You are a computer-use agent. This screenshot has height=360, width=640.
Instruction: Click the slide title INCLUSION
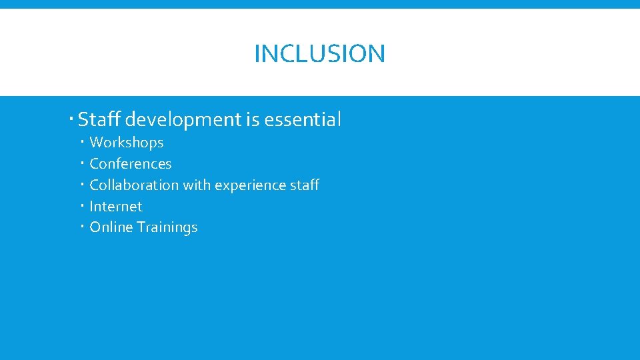[319, 53]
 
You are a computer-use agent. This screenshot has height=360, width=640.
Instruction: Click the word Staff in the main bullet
[99, 120]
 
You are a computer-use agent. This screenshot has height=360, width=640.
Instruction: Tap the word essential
[303, 120]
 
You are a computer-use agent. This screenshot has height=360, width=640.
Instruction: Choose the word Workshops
[127, 143]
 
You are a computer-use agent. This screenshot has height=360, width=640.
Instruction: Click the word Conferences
[131, 164]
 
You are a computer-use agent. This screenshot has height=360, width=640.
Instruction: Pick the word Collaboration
[134, 185]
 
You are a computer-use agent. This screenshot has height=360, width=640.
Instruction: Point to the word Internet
[116, 207]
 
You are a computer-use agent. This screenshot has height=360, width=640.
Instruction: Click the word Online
[111, 227]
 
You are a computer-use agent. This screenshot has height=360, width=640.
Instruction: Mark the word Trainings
[167, 227]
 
